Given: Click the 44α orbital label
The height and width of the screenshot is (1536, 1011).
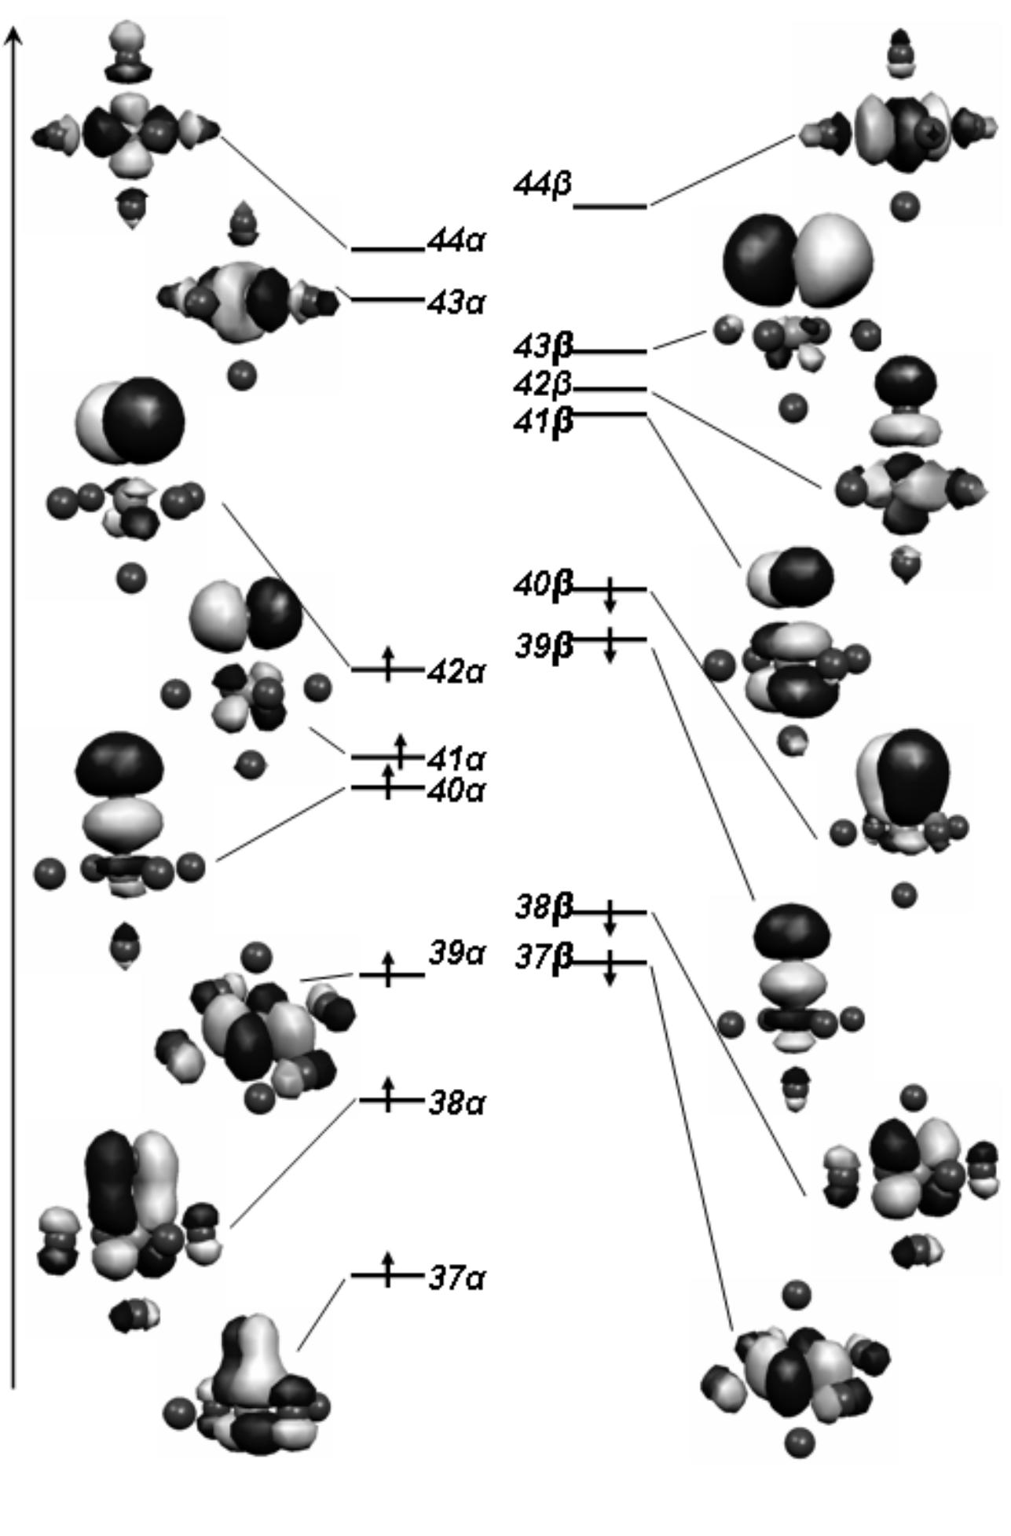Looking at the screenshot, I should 456,240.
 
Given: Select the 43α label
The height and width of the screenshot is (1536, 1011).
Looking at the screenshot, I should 456,302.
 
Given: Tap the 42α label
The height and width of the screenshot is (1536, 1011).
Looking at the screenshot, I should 456,673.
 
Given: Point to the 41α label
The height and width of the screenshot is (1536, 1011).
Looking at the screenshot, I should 456,760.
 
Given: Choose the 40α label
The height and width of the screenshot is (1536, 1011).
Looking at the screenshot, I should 456,790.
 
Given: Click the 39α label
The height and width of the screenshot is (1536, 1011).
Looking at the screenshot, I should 457,953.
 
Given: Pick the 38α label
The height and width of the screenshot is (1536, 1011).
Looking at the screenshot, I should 457,1103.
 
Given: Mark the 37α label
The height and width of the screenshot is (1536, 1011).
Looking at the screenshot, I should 457,1278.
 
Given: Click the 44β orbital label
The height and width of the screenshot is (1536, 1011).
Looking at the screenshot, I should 542,185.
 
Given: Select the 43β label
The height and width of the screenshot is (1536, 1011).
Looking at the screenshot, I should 543,346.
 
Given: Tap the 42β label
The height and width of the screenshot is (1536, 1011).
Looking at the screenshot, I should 543,384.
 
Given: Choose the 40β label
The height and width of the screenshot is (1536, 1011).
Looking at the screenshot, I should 543,585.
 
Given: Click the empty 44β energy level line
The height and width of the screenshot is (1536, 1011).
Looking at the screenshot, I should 610,207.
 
